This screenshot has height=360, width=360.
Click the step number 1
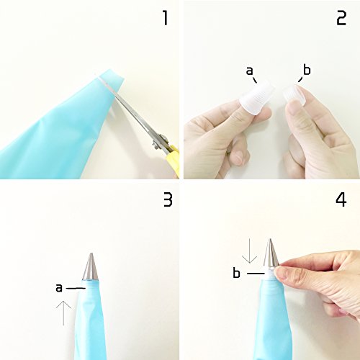(x=165, y=19)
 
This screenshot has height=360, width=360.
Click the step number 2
(x=341, y=19)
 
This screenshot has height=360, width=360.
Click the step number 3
(x=168, y=200)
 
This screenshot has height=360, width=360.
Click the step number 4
(x=341, y=200)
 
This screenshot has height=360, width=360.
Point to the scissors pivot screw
(x=156, y=145)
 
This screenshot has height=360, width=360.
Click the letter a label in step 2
(x=250, y=71)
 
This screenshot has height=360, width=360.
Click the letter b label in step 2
(x=307, y=70)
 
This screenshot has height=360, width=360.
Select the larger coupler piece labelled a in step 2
(x=257, y=97)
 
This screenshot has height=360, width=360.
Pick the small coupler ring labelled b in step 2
(x=293, y=94)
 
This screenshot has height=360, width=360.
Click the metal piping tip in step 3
(x=91, y=266)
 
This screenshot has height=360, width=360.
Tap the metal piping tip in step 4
(x=271, y=253)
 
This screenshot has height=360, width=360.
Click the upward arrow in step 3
(x=63, y=313)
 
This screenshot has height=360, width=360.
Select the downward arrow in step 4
(x=250, y=251)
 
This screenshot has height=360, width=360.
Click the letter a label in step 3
(x=59, y=288)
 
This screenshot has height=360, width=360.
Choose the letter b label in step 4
(x=236, y=273)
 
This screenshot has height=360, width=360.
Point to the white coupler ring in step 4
(x=271, y=271)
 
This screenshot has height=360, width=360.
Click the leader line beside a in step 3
(x=76, y=288)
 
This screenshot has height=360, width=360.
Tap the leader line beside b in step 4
(x=256, y=273)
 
